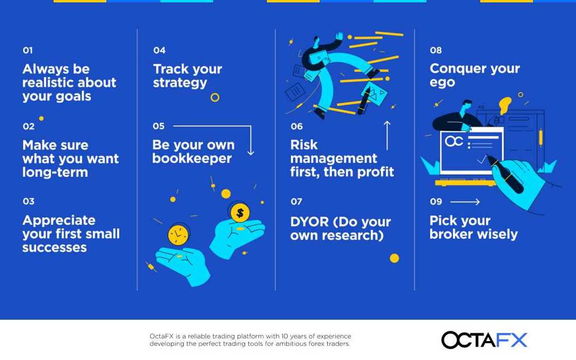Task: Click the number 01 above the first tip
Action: tap(28, 50)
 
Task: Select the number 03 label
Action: tap(28, 201)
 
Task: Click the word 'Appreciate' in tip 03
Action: tap(59, 220)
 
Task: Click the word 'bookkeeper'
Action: tap(192, 158)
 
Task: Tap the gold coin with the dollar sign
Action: tap(240, 212)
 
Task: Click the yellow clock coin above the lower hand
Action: tap(178, 235)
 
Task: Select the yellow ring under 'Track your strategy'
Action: tap(215, 97)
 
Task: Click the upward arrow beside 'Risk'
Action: tap(387, 136)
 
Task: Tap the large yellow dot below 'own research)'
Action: tap(394, 258)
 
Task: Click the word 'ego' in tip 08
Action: tap(442, 83)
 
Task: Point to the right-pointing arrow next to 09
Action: tap(465, 202)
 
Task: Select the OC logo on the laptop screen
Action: tap(454, 141)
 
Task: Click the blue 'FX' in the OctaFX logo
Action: tap(511, 340)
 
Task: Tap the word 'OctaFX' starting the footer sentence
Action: tap(161, 336)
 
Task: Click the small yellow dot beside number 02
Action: tap(41, 118)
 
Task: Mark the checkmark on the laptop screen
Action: tap(481, 160)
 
